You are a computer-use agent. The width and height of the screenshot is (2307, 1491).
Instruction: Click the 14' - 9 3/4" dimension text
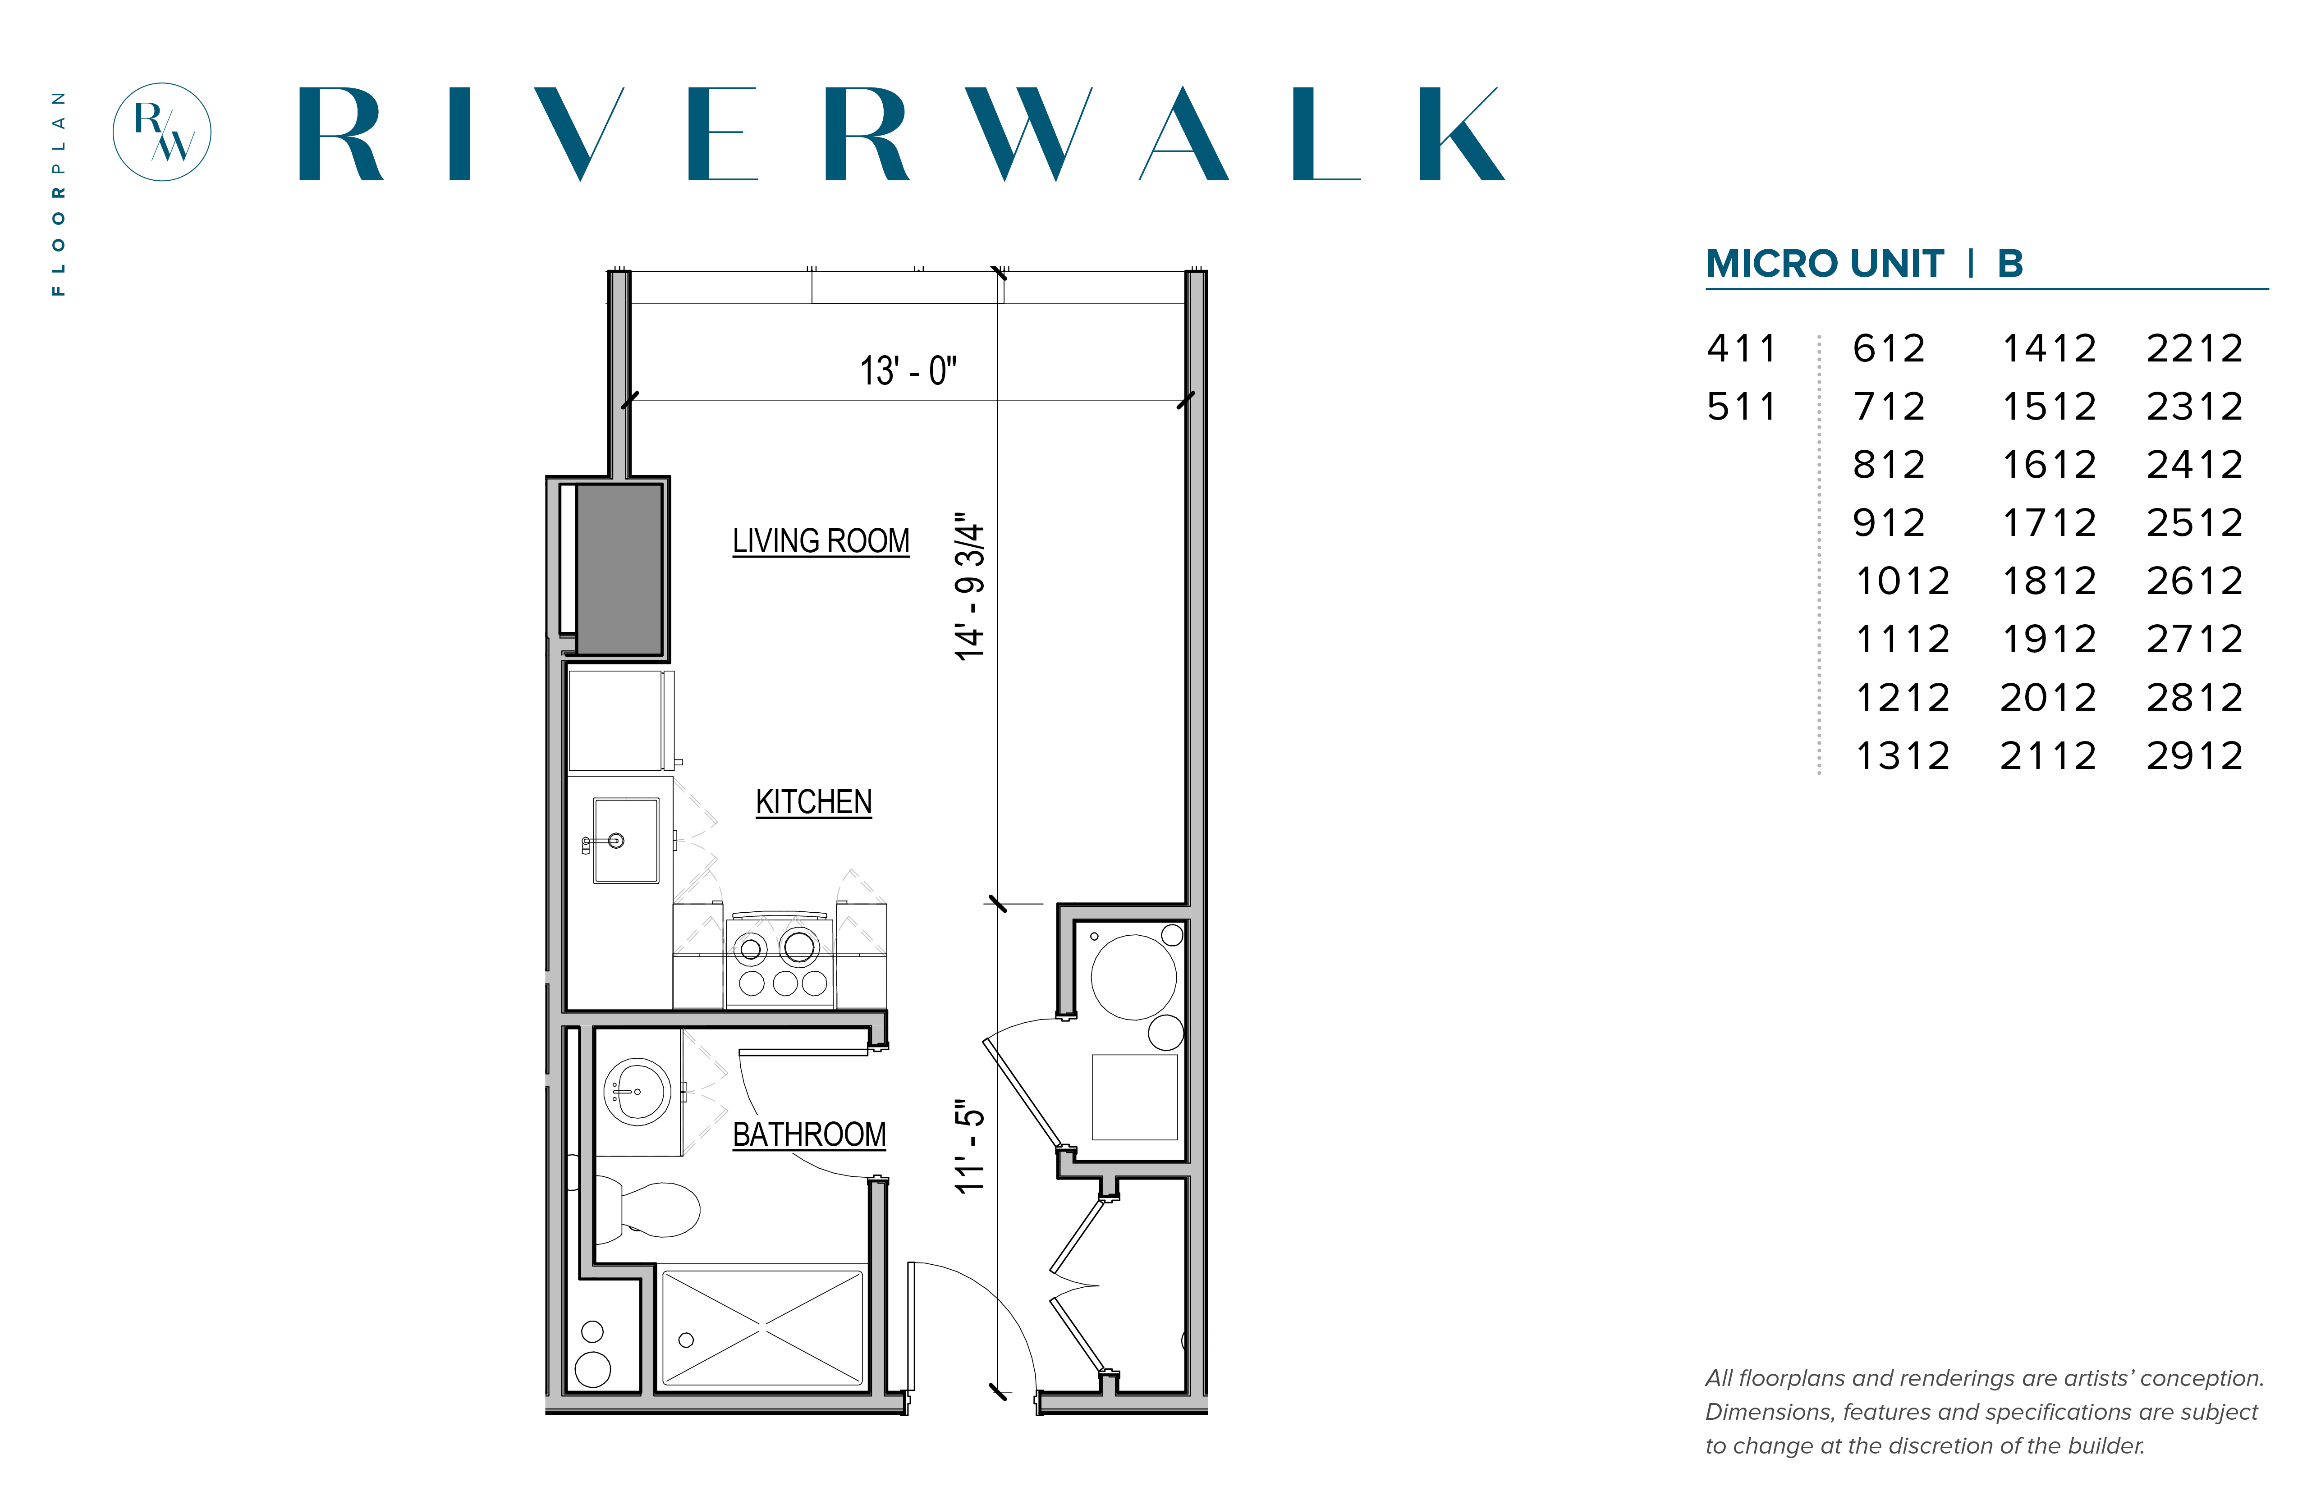[x=969, y=587]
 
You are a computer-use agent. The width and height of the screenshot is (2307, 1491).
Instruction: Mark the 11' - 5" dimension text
[x=969, y=1146]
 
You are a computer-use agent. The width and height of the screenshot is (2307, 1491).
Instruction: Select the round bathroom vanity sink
[x=638, y=1091]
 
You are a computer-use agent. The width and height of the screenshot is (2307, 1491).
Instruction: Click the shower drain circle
[x=686, y=1340]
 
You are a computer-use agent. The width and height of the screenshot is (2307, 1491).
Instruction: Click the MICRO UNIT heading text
[x=1825, y=263]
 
